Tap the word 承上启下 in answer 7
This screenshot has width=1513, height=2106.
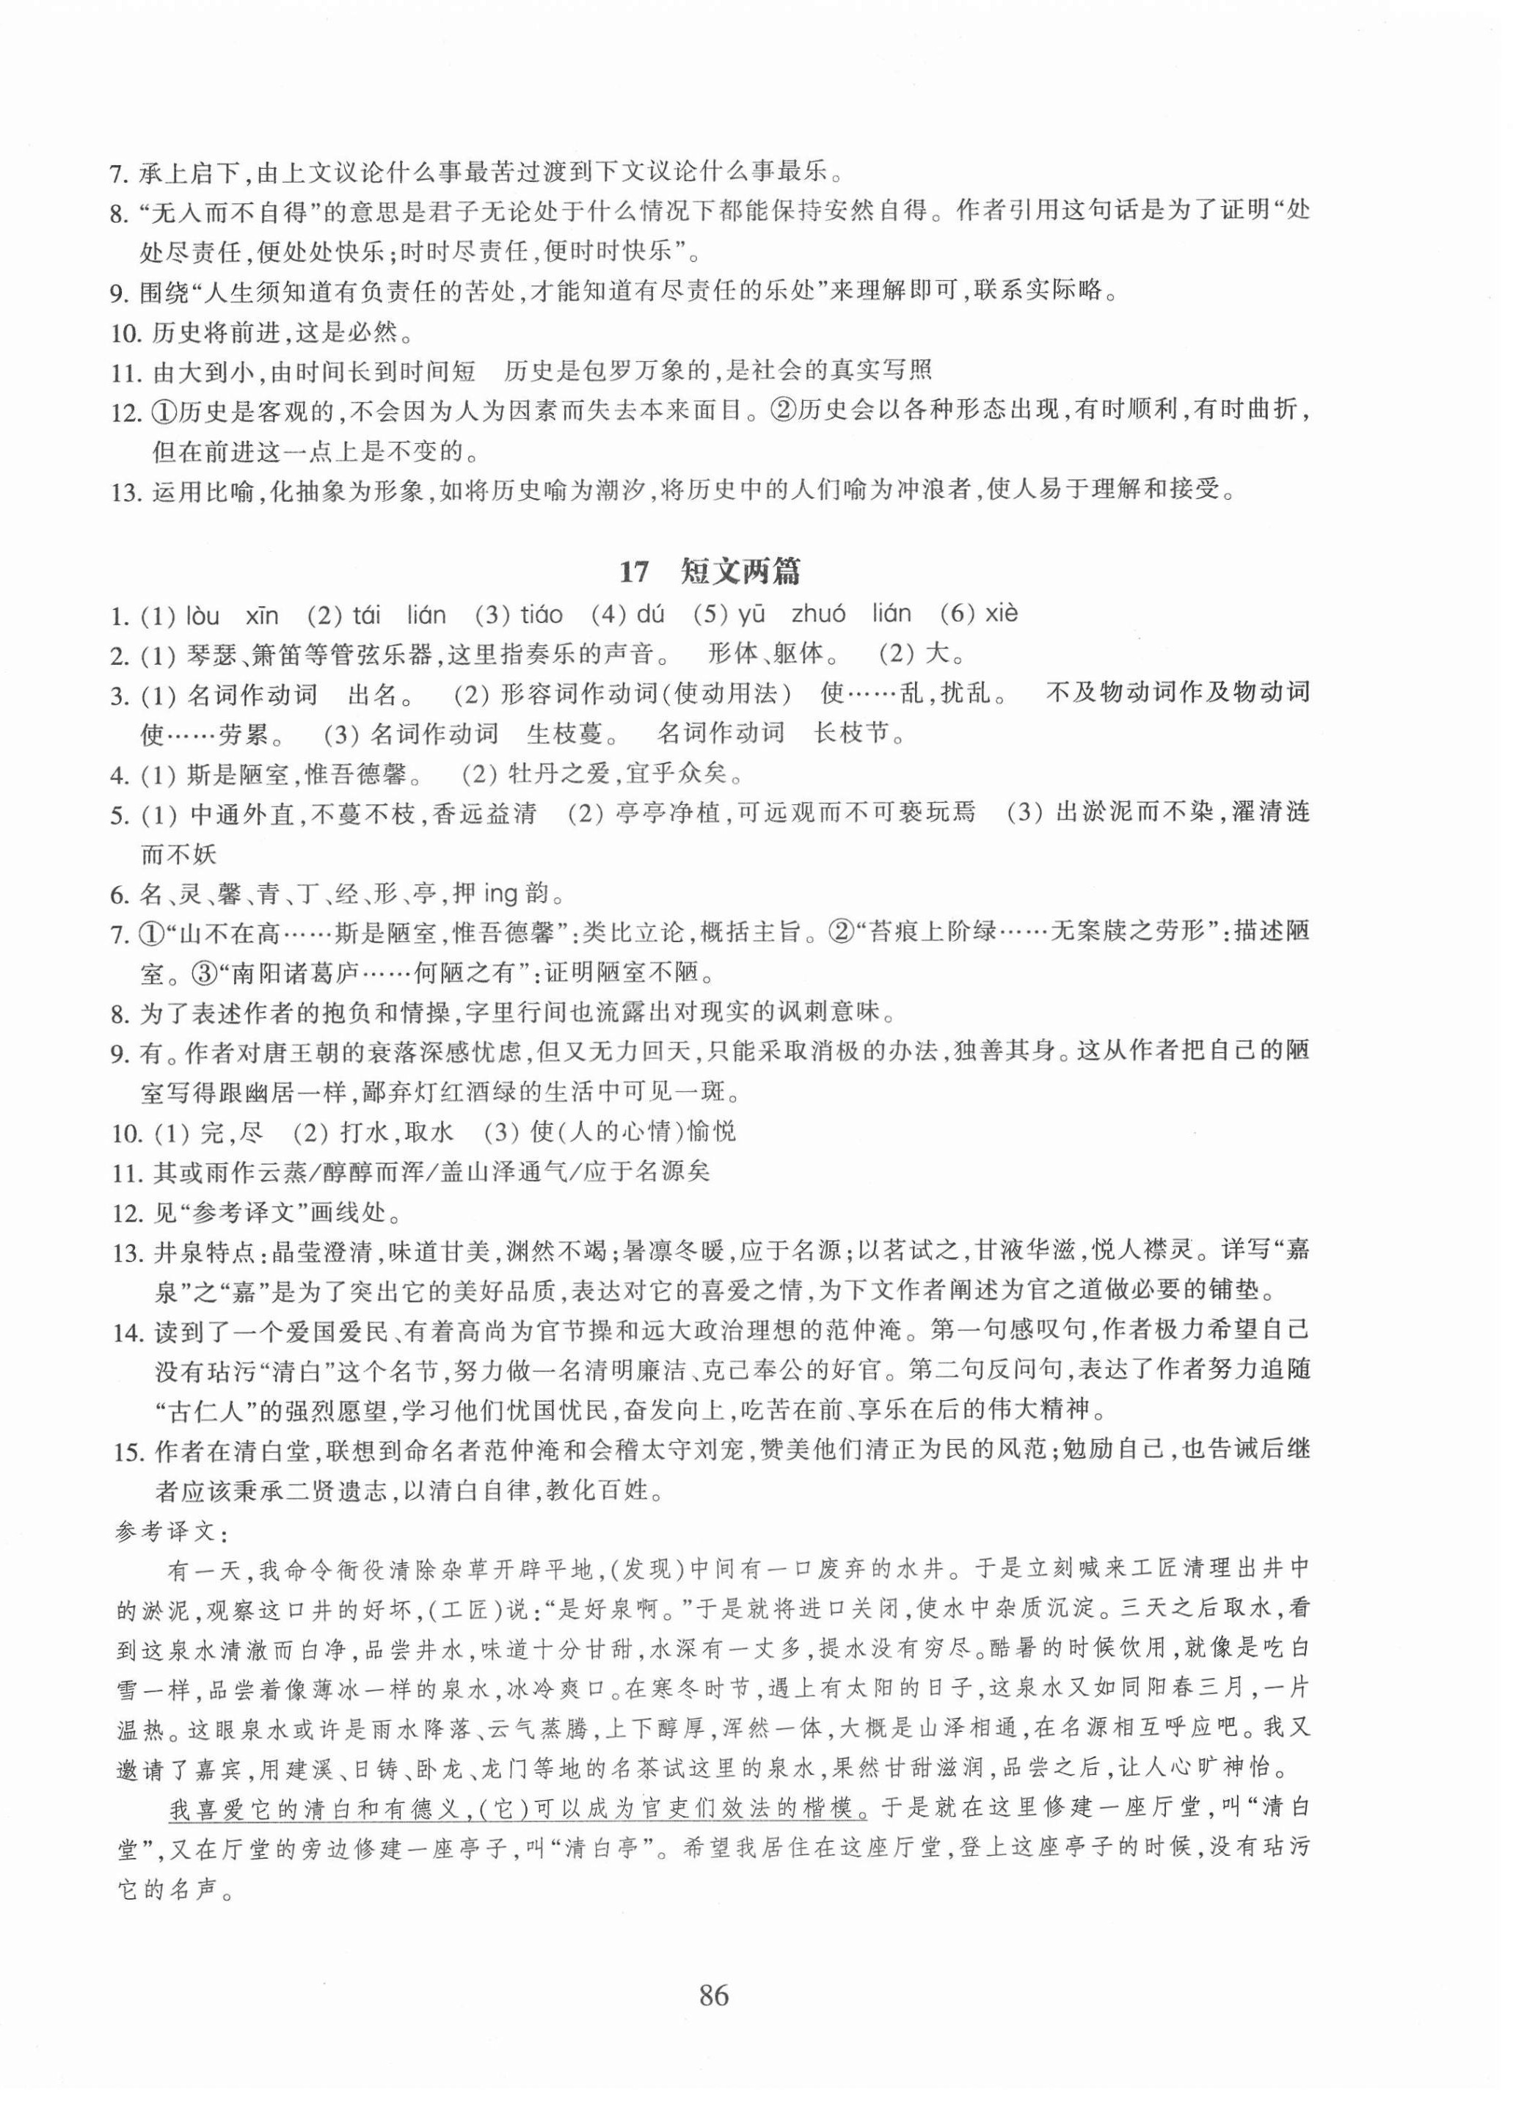[x=192, y=172]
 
